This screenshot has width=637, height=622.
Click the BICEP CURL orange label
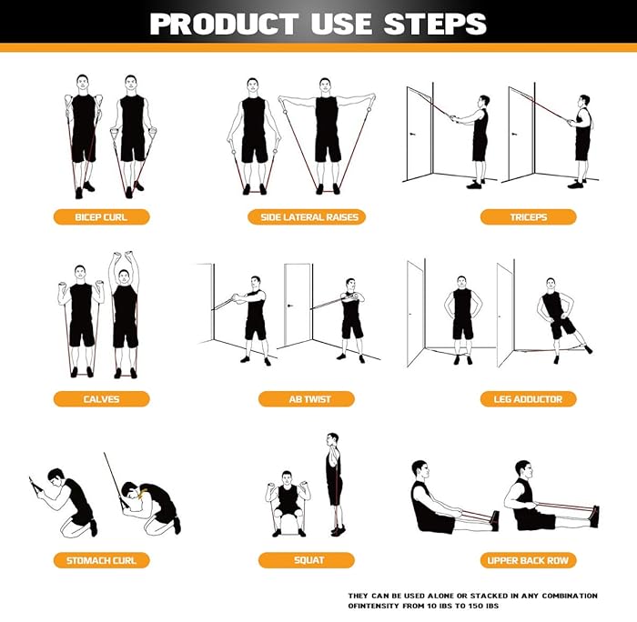point(100,216)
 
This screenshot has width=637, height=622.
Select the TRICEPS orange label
point(528,216)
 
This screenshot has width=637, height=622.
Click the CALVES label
point(100,398)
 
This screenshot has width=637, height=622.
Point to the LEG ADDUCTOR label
point(528,398)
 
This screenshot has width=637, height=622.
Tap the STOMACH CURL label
point(100,560)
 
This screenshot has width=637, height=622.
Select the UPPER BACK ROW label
point(528,560)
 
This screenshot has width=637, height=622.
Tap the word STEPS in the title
point(436,23)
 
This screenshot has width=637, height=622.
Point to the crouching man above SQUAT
point(288,503)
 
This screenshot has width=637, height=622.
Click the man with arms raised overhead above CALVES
point(125,314)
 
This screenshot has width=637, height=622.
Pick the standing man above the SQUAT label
point(334,482)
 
